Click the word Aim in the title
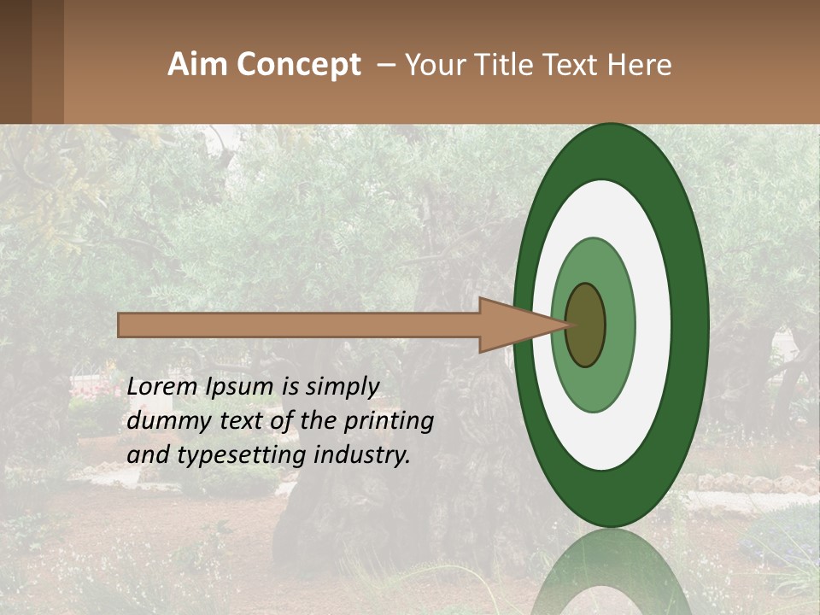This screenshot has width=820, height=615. [198, 65]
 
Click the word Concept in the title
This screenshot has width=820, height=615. [299, 65]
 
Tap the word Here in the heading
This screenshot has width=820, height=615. [641, 65]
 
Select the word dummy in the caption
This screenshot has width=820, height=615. [163, 421]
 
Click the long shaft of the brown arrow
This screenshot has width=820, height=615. [299, 325]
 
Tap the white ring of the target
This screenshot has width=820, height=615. [653, 325]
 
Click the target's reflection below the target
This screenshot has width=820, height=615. [612, 572]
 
